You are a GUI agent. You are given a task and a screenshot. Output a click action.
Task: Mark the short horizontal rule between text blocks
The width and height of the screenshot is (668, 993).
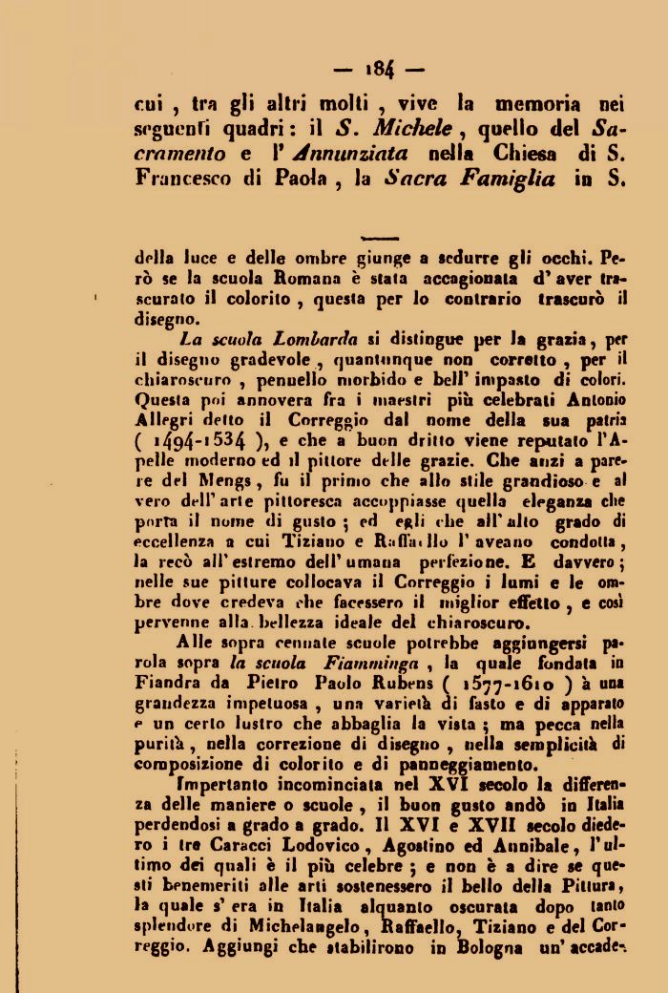381,237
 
